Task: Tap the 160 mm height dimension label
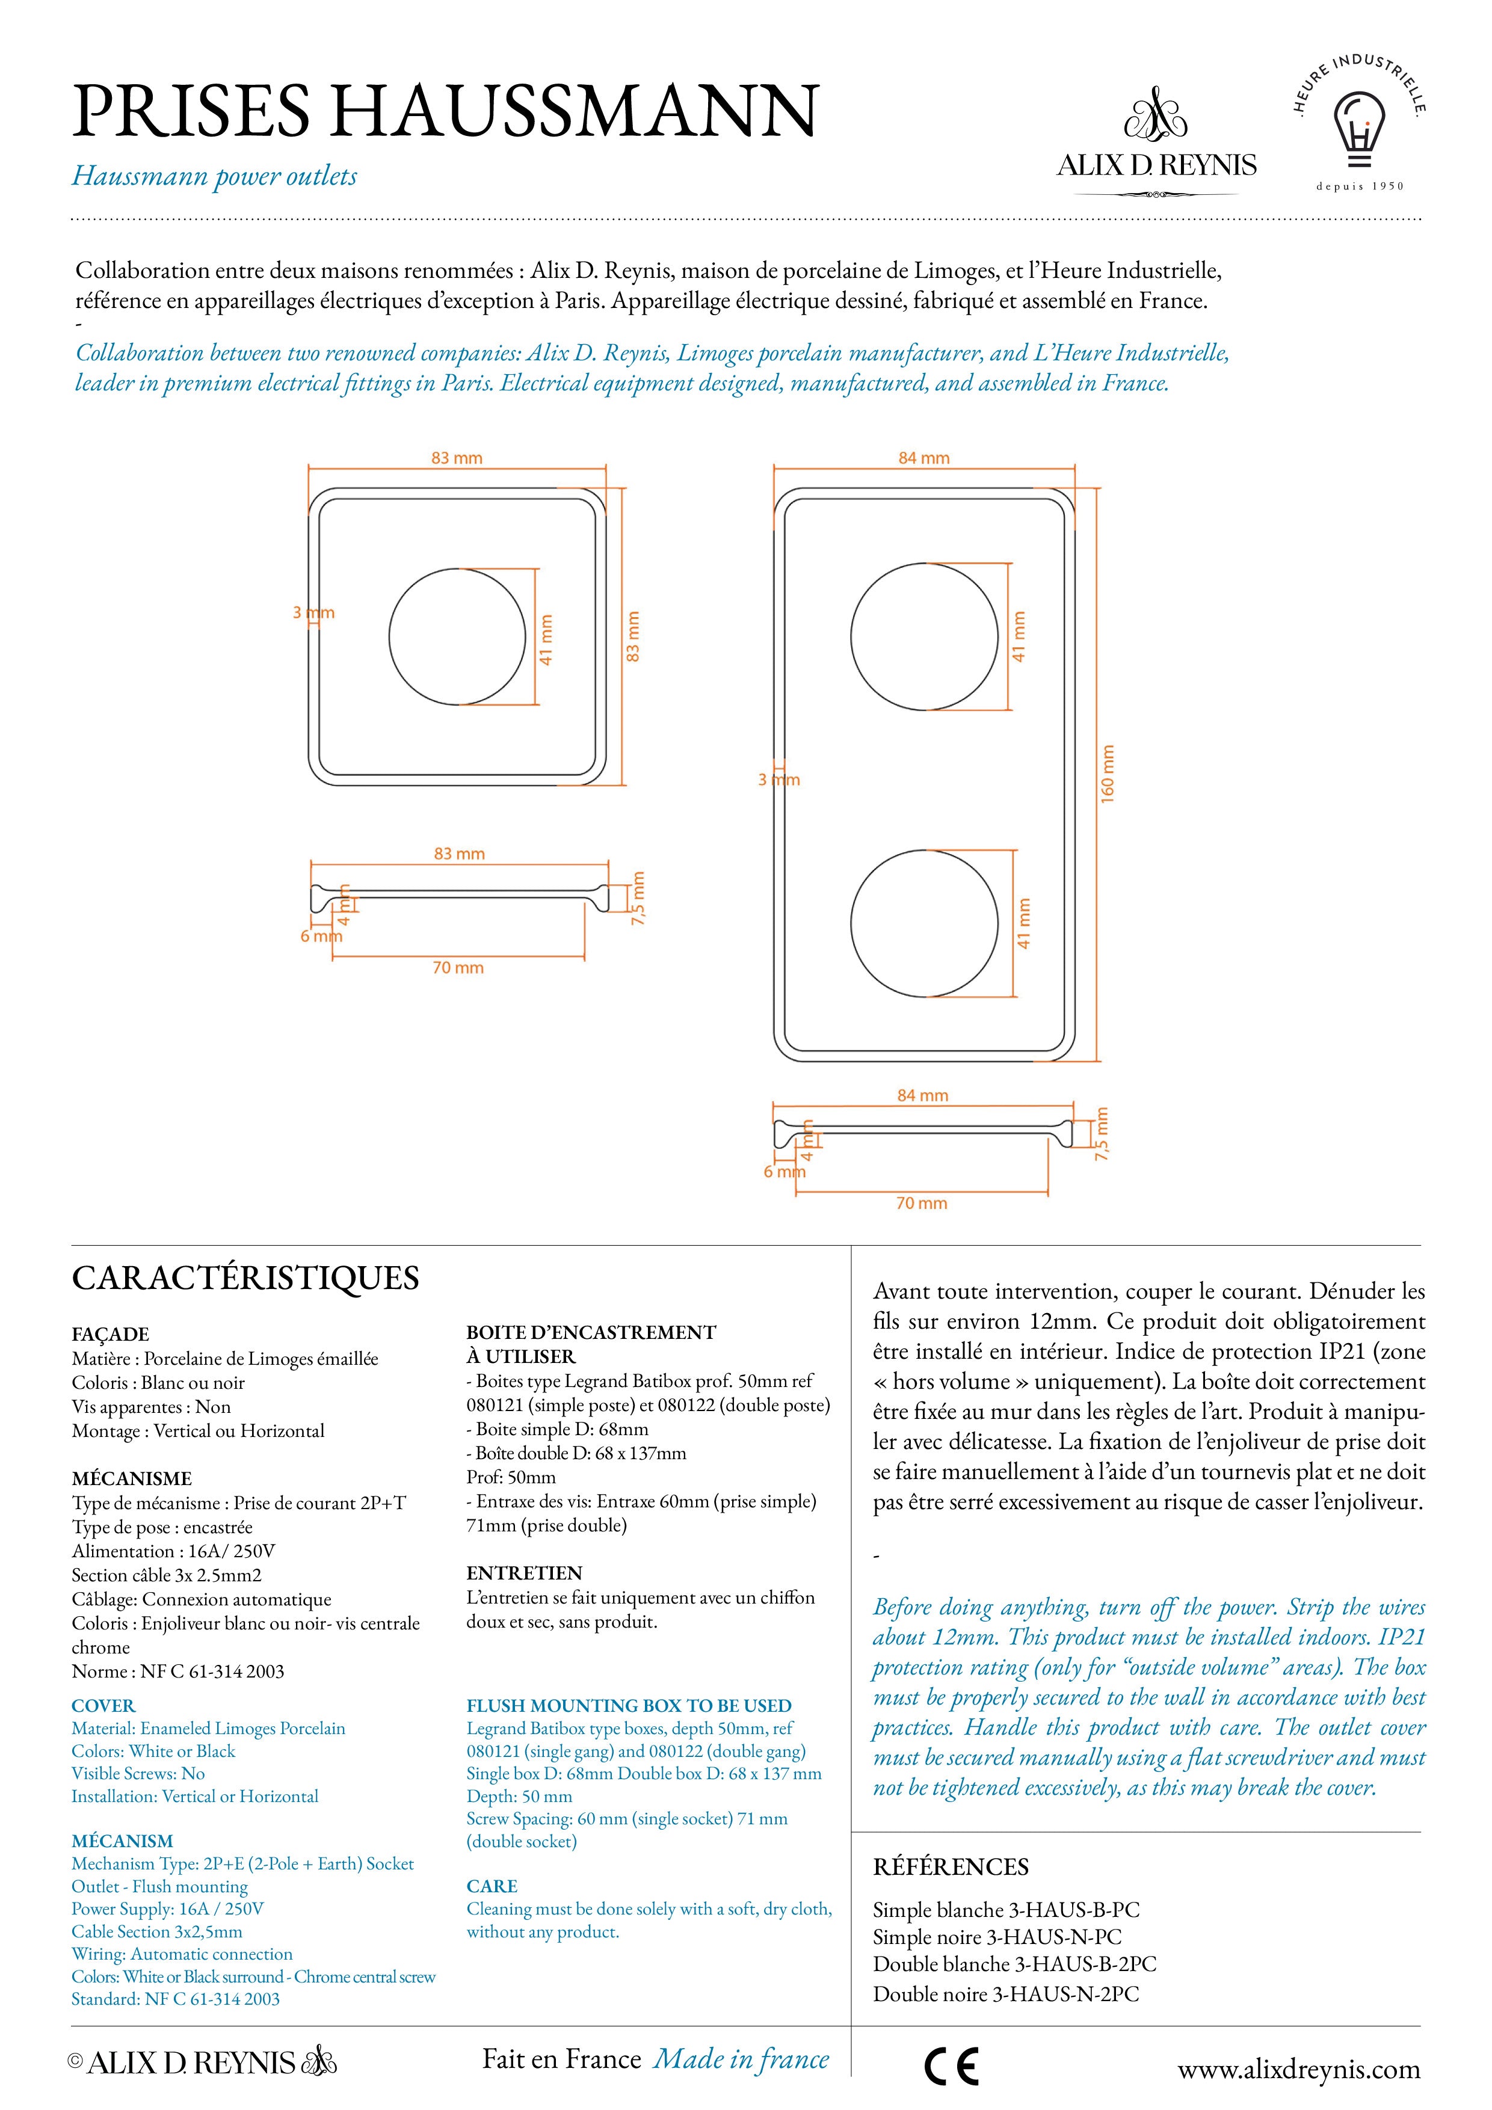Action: pos(1107,773)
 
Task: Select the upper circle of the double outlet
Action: pos(924,637)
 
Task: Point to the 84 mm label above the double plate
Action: pos(924,458)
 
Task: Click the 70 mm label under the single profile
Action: pos(458,968)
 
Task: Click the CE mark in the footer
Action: pos(952,2066)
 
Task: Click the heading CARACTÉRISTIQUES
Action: pos(245,1278)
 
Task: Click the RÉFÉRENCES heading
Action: pos(951,1866)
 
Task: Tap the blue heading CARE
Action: pos(492,1886)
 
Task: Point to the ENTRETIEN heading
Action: pos(524,1572)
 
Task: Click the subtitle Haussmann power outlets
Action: pos(214,176)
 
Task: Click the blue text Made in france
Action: pos(741,2058)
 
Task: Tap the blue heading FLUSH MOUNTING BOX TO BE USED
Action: pos(629,1706)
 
